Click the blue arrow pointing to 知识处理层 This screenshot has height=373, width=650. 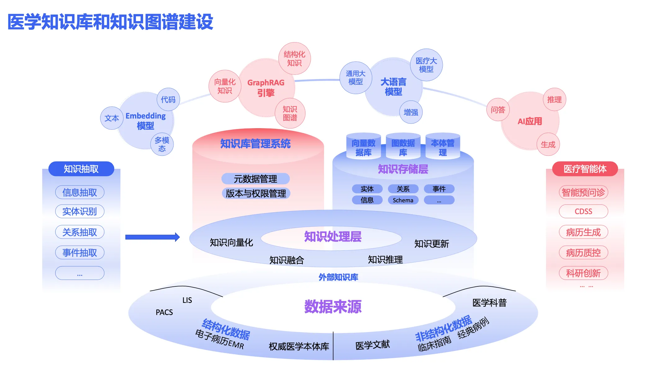point(152,237)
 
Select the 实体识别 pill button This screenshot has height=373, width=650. point(79,211)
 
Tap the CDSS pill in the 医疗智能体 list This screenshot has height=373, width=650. point(583,211)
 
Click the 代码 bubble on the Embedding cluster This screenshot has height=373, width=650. point(168,99)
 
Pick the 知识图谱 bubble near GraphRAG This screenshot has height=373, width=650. point(290,113)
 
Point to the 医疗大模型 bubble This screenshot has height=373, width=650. point(426,65)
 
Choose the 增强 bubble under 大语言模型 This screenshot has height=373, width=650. point(411,112)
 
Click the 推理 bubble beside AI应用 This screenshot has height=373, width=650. point(554,99)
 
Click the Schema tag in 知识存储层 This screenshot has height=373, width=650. point(403,200)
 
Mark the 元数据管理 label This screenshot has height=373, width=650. point(255,179)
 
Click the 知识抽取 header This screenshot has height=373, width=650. point(81,169)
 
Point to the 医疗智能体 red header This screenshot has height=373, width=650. point(585,169)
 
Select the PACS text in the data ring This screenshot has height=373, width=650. point(164,312)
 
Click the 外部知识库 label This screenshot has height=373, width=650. point(338,277)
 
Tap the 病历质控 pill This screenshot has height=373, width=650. point(583,253)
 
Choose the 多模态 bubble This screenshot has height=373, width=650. point(162,144)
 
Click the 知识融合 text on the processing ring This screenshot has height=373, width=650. point(287,260)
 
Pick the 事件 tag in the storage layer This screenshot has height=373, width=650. point(439,189)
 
